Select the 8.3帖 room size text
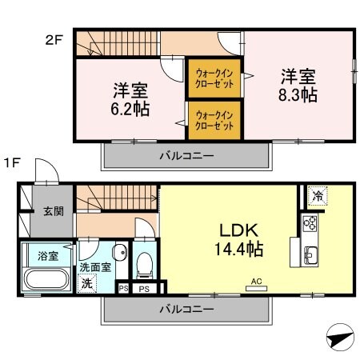[x=298, y=95]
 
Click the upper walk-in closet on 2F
[x=214, y=78]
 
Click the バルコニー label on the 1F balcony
[x=185, y=309]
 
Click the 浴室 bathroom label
[x=48, y=256]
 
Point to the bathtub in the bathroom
[x=48, y=280]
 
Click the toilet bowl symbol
[x=145, y=262]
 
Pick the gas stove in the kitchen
[x=309, y=223]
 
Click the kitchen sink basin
[x=310, y=256]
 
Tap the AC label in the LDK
[x=257, y=281]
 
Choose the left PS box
[x=123, y=288]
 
